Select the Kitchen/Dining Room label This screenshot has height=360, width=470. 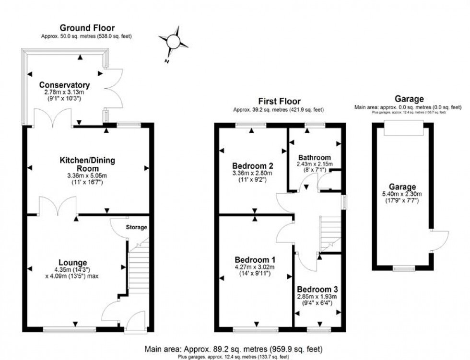[87, 164]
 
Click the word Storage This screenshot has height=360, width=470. [137, 227]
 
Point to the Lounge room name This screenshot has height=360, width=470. [72, 262]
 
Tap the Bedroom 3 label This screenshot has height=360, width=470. [317, 290]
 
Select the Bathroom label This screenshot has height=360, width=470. [315, 157]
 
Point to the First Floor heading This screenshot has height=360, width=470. [279, 101]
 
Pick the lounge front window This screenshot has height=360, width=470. [69, 330]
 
